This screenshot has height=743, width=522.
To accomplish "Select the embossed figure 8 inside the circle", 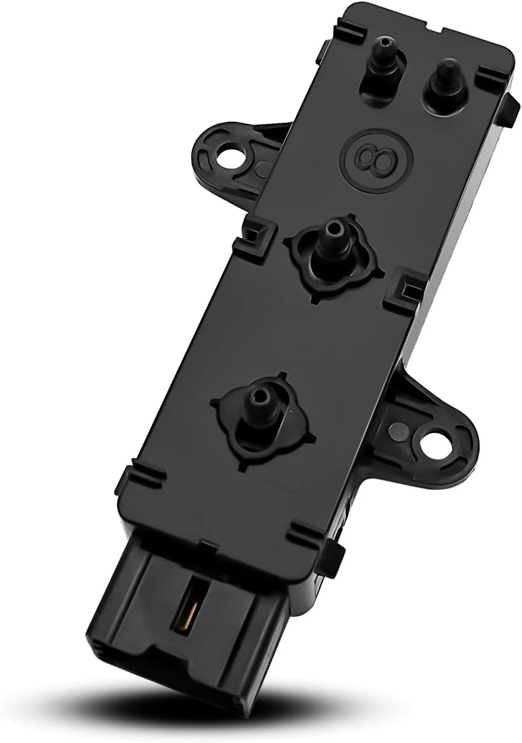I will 375,157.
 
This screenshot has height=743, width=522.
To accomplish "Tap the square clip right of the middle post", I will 402,284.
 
